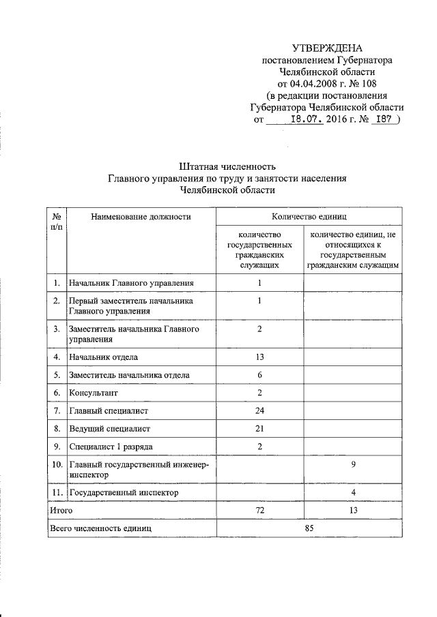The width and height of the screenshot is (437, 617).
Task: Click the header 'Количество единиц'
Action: tap(309, 217)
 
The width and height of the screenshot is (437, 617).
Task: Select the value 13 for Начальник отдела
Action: tap(260, 357)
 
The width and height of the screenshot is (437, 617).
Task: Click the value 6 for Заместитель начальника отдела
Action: tap(260, 375)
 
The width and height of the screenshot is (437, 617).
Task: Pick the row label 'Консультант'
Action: tap(93, 393)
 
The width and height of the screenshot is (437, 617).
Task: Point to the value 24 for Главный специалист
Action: tap(260, 411)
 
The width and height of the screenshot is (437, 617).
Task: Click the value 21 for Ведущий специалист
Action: tap(260, 429)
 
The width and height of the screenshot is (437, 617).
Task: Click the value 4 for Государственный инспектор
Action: tap(354, 492)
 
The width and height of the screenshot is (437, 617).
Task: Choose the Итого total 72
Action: tap(260, 509)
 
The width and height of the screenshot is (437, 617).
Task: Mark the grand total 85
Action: tap(309, 528)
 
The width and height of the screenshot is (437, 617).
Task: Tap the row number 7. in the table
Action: tap(56, 411)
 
